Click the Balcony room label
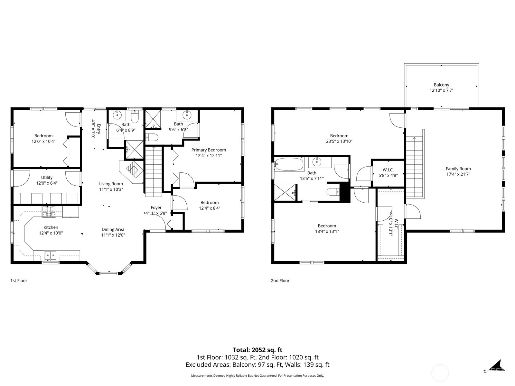(441, 85)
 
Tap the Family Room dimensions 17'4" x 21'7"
(458, 174)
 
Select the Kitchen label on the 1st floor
(51, 227)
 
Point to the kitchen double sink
(50, 256)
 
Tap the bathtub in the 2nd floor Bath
(290, 164)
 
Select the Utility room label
(47, 178)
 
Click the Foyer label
(156, 207)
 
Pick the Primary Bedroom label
(209, 150)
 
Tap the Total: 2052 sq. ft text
(257, 350)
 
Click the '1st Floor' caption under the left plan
(19, 280)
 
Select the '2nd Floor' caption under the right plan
(280, 280)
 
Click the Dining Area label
(113, 229)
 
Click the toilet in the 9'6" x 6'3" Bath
(152, 138)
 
